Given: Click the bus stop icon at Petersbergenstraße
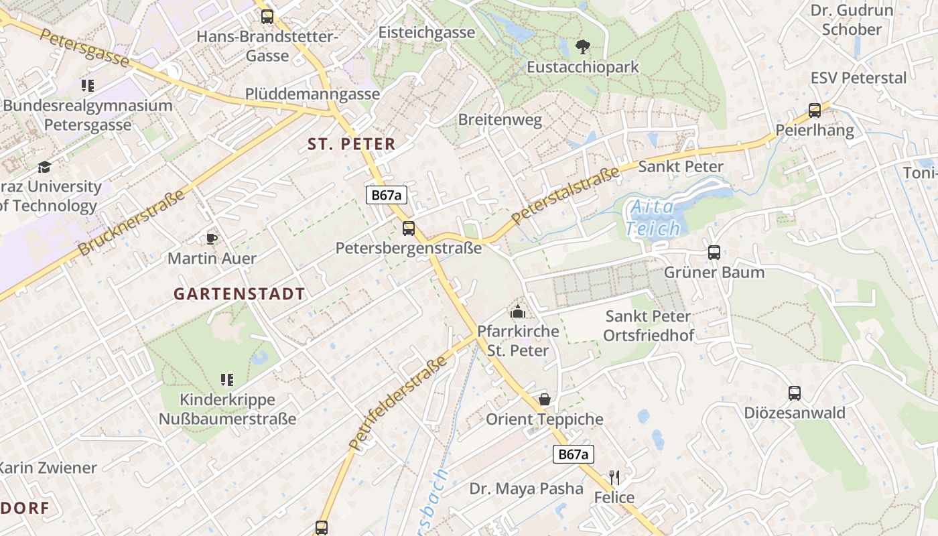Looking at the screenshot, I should (x=409, y=228).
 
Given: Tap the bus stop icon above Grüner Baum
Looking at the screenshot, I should (x=714, y=253).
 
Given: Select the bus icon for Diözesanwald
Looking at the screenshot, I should (x=795, y=393).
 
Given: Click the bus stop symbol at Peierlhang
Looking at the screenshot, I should (x=815, y=111).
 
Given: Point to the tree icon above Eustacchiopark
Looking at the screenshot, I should (x=583, y=47).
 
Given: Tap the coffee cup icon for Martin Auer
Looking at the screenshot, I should (x=212, y=239).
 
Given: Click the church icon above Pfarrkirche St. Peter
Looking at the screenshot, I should (x=518, y=312).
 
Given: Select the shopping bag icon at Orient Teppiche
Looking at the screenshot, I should (x=545, y=400).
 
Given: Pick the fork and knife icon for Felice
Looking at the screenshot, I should (x=614, y=478).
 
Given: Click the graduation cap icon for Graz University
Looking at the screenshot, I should (x=44, y=167).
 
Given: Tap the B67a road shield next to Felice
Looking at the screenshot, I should (x=574, y=454).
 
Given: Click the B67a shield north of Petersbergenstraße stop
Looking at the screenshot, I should (x=387, y=195).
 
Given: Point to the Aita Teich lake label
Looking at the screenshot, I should (x=653, y=218).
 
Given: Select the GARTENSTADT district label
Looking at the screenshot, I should (x=239, y=293).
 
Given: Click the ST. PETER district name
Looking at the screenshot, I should (x=351, y=144).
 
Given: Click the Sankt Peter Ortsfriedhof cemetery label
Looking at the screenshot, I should (x=649, y=326).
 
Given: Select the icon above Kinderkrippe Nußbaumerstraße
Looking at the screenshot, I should (x=227, y=380).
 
